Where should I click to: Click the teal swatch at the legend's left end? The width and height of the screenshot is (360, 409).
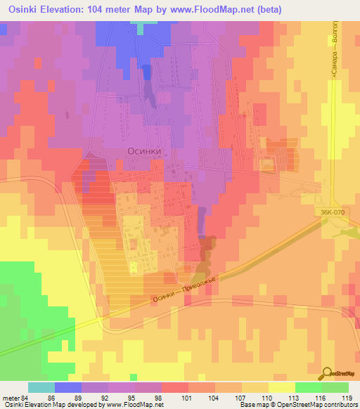(41, 387)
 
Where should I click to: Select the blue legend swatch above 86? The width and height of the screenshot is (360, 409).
(68, 387)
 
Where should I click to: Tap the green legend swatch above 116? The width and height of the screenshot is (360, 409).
(308, 387)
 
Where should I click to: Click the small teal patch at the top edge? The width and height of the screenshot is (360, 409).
(145, 27)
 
